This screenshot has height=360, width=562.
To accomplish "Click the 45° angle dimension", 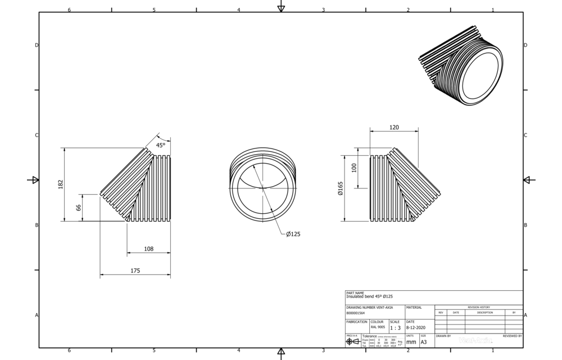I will click(161, 145).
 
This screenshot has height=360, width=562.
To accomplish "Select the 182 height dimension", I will click(61, 184).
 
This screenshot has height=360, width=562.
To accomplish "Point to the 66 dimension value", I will click(79, 208).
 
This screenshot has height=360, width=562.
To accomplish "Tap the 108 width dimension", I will click(149, 249).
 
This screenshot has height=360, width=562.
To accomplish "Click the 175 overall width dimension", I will click(135, 271).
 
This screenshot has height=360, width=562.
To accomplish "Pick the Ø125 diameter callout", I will click(293, 234).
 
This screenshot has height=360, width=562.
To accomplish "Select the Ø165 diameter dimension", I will click(341, 188).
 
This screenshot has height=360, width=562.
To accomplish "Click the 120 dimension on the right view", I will click(393, 128).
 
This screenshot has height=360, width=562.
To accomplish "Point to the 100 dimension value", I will click(354, 167).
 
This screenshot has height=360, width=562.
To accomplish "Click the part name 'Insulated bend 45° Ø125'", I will click(369, 296).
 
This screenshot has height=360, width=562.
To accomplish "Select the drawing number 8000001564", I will click(355, 313).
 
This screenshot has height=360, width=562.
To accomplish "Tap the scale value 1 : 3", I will click(396, 327).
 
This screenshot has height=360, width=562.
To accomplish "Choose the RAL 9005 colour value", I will click(377, 327).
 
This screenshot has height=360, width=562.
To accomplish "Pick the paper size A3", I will click(424, 341).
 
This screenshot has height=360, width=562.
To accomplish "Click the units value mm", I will click(411, 341).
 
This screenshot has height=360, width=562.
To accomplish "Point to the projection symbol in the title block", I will click(353, 341).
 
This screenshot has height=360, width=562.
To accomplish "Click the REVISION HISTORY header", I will click(478, 307).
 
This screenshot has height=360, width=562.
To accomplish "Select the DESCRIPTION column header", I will click(484, 312).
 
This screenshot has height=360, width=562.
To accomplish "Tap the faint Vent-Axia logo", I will click(475, 340).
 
